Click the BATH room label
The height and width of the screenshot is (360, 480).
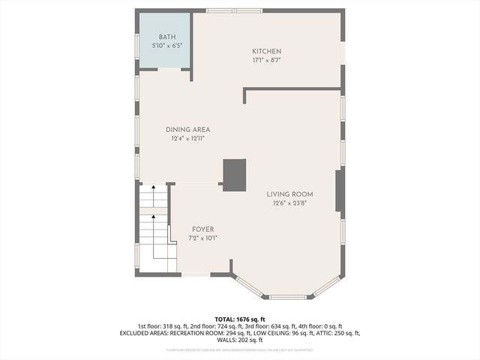166,37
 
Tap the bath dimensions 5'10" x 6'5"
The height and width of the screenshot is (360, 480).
166,46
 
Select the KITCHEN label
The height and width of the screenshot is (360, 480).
266,51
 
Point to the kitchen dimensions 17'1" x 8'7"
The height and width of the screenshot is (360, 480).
266,60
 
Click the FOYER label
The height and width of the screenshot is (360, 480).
202,229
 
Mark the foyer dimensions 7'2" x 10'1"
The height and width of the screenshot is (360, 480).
202,238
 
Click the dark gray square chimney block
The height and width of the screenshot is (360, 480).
234,175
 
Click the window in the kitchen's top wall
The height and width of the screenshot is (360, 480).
234,10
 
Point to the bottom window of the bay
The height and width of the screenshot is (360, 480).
287,297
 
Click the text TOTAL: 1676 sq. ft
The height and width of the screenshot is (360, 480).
239,319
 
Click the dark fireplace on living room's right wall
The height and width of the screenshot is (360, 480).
340,190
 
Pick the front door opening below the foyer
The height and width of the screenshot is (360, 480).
196,274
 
